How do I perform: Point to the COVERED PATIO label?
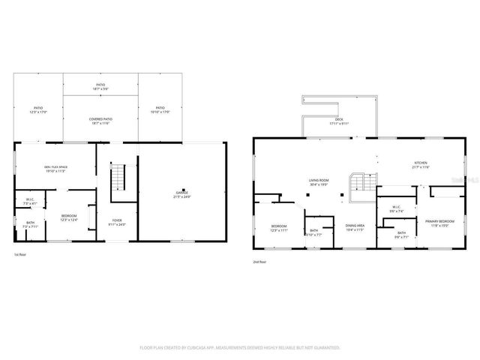pyautogui.click(x=100, y=121)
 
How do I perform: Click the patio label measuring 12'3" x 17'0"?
pyautogui.click(x=38, y=109)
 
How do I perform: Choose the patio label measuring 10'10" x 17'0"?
pyautogui.click(x=161, y=109)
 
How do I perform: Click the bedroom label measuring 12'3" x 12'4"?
pyautogui.click(x=69, y=218)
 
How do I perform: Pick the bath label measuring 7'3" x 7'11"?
pyautogui.click(x=30, y=223)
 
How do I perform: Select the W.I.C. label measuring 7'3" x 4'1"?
pyautogui.click(x=30, y=202)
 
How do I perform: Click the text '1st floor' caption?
pyautogui.click(x=22, y=254)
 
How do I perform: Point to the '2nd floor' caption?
pyautogui.click(x=261, y=262)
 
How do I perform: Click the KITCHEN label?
pyautogui.click(x=421, y=165)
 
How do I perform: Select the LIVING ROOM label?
pyautogui.click(x=319, y=181)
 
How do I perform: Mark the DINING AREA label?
pyautogui.click(x=355, y=227)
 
